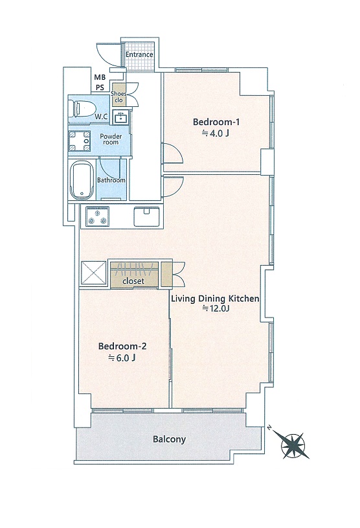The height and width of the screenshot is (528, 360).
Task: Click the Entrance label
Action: [139, 54]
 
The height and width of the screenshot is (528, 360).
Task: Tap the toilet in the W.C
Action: [82, 108]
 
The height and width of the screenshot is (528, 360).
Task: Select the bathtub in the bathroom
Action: [82, 180]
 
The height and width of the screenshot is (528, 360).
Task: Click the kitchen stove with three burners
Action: [98, 216]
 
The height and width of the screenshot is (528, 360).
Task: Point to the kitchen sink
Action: [147, 216]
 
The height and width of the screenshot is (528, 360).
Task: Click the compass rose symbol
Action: [293, 444]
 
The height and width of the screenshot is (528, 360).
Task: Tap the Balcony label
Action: [169, 439]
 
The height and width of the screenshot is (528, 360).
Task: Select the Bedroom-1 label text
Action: [216, 122]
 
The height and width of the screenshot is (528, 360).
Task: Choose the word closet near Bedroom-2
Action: [133, 281]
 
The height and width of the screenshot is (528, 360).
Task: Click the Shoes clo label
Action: [118, 97]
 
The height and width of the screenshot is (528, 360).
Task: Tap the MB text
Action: [100, 78]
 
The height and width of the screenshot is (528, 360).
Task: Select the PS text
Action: [100, 87]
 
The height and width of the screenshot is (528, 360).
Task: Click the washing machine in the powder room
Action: [80, 141]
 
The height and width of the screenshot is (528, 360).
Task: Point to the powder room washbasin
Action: [121, 117]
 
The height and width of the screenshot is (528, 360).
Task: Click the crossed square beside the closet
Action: [94, 272]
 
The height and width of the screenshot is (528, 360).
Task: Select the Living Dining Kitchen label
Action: [216, 299]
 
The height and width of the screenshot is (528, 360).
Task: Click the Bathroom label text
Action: [111, 180]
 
